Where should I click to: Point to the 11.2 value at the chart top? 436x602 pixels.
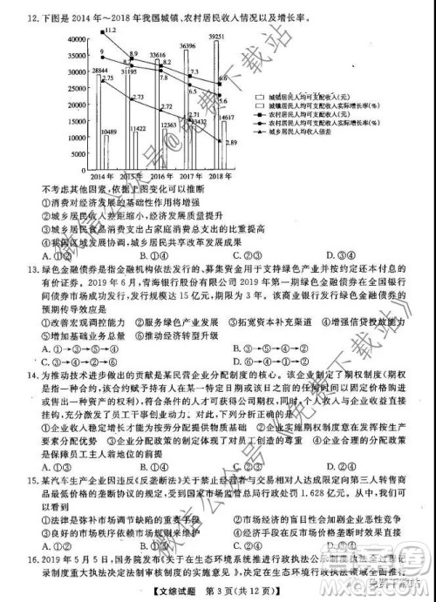coord(109,30)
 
